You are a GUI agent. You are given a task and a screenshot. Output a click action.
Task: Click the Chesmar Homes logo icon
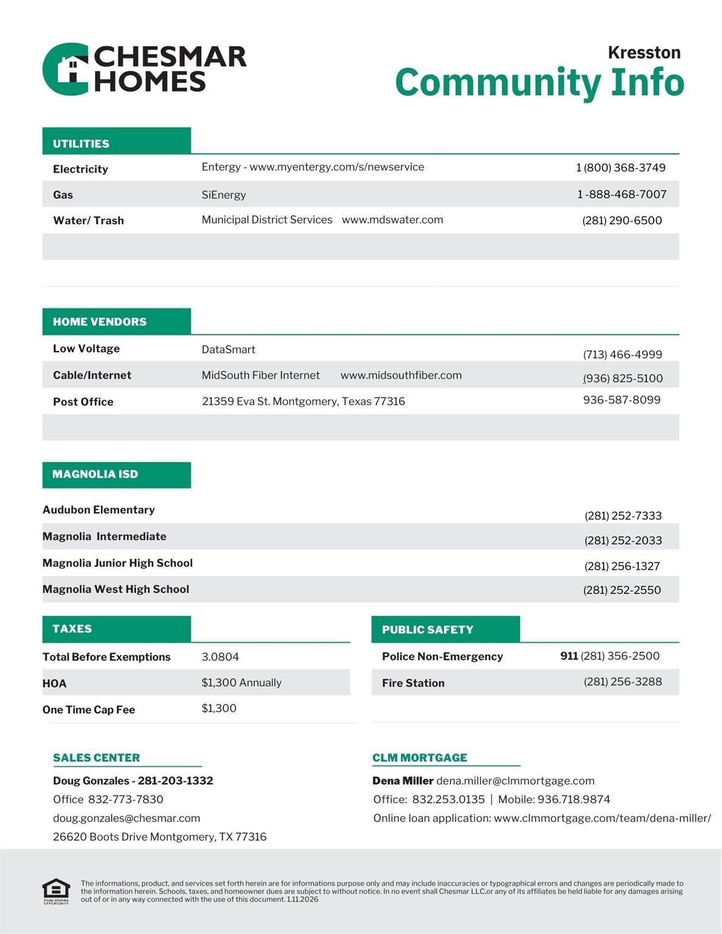pyautogui.click(x=66, y=69)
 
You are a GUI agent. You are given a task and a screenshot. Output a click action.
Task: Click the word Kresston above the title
pyautogui.click(x=644, y=52)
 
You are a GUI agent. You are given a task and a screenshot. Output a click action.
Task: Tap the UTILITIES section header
pyautogui.click(x=81, y=144)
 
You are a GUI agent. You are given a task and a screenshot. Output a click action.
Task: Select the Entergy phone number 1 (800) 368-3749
pyautogui.click(x=620, y=168)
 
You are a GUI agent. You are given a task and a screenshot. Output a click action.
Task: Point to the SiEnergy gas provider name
pyautogui.click(x=224, y=195)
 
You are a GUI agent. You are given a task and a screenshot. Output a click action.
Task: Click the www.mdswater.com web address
pyautogui.click(x=392, y=220)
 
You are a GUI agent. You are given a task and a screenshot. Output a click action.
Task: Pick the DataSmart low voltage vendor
pyautogui.click(x=228, y=350)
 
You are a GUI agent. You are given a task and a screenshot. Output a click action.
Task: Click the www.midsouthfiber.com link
pyautogui.click(x=401, y=375)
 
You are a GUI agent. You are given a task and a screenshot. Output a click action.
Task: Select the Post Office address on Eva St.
pyautogui.click(x=303, y=401)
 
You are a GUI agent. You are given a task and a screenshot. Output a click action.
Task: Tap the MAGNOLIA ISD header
pyautogui.click(x=95, y=474)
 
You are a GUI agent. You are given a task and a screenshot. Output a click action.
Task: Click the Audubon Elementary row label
pyautogui.click(x=99, y=510)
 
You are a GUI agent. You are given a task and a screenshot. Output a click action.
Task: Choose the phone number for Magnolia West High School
pyautogui.click(x=622, y=590)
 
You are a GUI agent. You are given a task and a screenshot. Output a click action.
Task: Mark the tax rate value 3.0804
pyautogui.click(x=220, y=657)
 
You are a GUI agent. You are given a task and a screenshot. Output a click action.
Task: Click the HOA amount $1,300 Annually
pyautogui.click(x=241, y=683)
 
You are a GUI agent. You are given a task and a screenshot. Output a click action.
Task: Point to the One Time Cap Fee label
pyautogui.click(x=89, y=710)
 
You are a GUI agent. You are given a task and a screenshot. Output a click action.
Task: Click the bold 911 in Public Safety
pyautogui.click(x=569, y=656)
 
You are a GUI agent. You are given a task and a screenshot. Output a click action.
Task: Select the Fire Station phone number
pyautogui.click(x=623, y=682)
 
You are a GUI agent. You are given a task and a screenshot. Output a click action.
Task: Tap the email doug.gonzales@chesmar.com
pyautogui.click(x=127, y=818)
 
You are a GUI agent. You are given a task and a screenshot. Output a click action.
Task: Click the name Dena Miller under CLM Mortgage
pyautogui.click(x=403, y=781)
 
